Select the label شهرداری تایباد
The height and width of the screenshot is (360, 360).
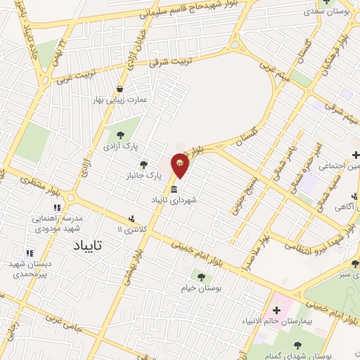174,200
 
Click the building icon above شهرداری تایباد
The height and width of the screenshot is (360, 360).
174,188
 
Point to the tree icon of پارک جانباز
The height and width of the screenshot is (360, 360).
145,164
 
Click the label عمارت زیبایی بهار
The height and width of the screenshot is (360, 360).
122,101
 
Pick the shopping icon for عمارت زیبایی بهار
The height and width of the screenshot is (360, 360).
122,89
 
